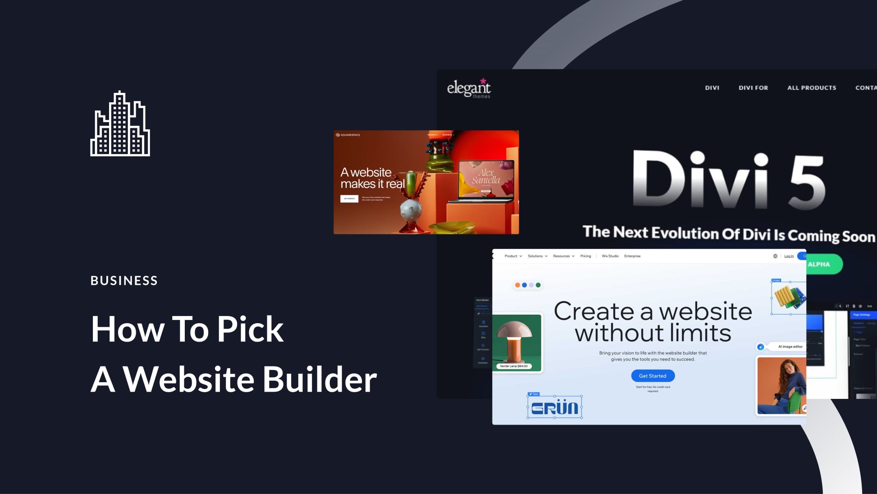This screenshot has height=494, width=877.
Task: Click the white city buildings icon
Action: [120, 124]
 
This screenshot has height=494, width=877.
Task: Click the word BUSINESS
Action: [124, 281]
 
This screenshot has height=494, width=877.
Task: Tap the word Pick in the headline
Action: [250, 329]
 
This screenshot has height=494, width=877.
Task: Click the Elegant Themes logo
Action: [469, 88]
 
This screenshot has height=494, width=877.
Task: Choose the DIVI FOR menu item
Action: [753, 88]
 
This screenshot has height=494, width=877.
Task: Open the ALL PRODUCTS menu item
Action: [811, 88]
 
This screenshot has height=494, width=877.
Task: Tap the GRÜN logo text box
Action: [555, 407]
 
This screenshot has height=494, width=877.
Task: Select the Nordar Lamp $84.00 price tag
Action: [514, 366]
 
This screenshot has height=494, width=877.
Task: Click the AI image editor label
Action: [790, 347]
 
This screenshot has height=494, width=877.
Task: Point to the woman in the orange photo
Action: [782, 385]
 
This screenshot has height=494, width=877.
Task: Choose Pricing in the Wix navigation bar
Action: [585, 256]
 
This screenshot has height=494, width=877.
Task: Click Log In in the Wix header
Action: [789, 256]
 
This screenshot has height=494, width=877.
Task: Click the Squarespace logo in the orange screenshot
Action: [348, 135]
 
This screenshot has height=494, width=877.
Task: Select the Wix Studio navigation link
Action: [610, 256]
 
